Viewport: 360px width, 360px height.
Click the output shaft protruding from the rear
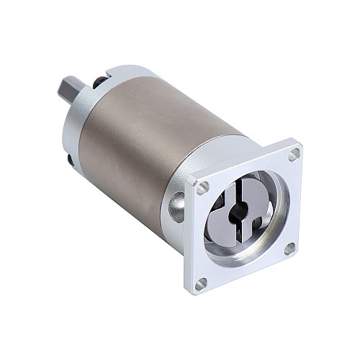pos(73,93)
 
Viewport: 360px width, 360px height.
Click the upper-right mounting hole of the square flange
pos(294,153)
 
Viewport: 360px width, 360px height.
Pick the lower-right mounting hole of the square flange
pos(289,248)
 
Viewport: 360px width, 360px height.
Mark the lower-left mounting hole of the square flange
pos(201,284)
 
